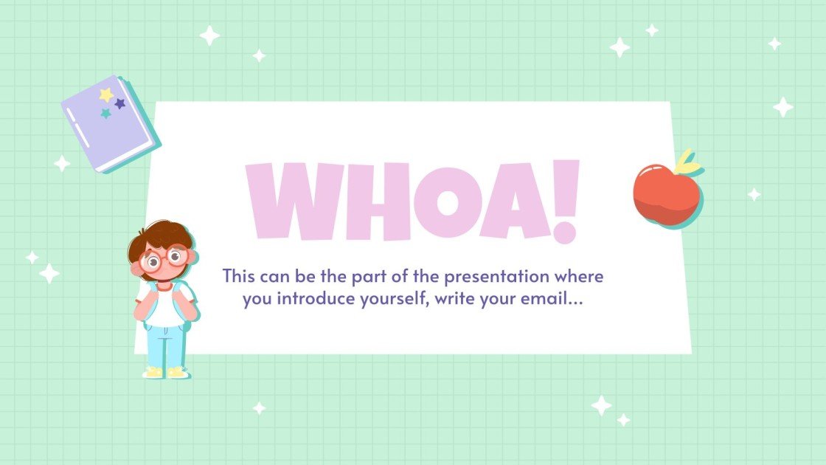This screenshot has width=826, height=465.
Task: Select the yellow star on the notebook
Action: coord(106,94)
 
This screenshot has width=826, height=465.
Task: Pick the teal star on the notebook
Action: coord(106,114)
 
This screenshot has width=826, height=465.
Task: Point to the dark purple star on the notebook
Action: coord(120,104)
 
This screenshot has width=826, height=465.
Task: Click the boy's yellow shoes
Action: coord(167,372)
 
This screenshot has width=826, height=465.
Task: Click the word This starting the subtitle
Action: coord(240,278)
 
